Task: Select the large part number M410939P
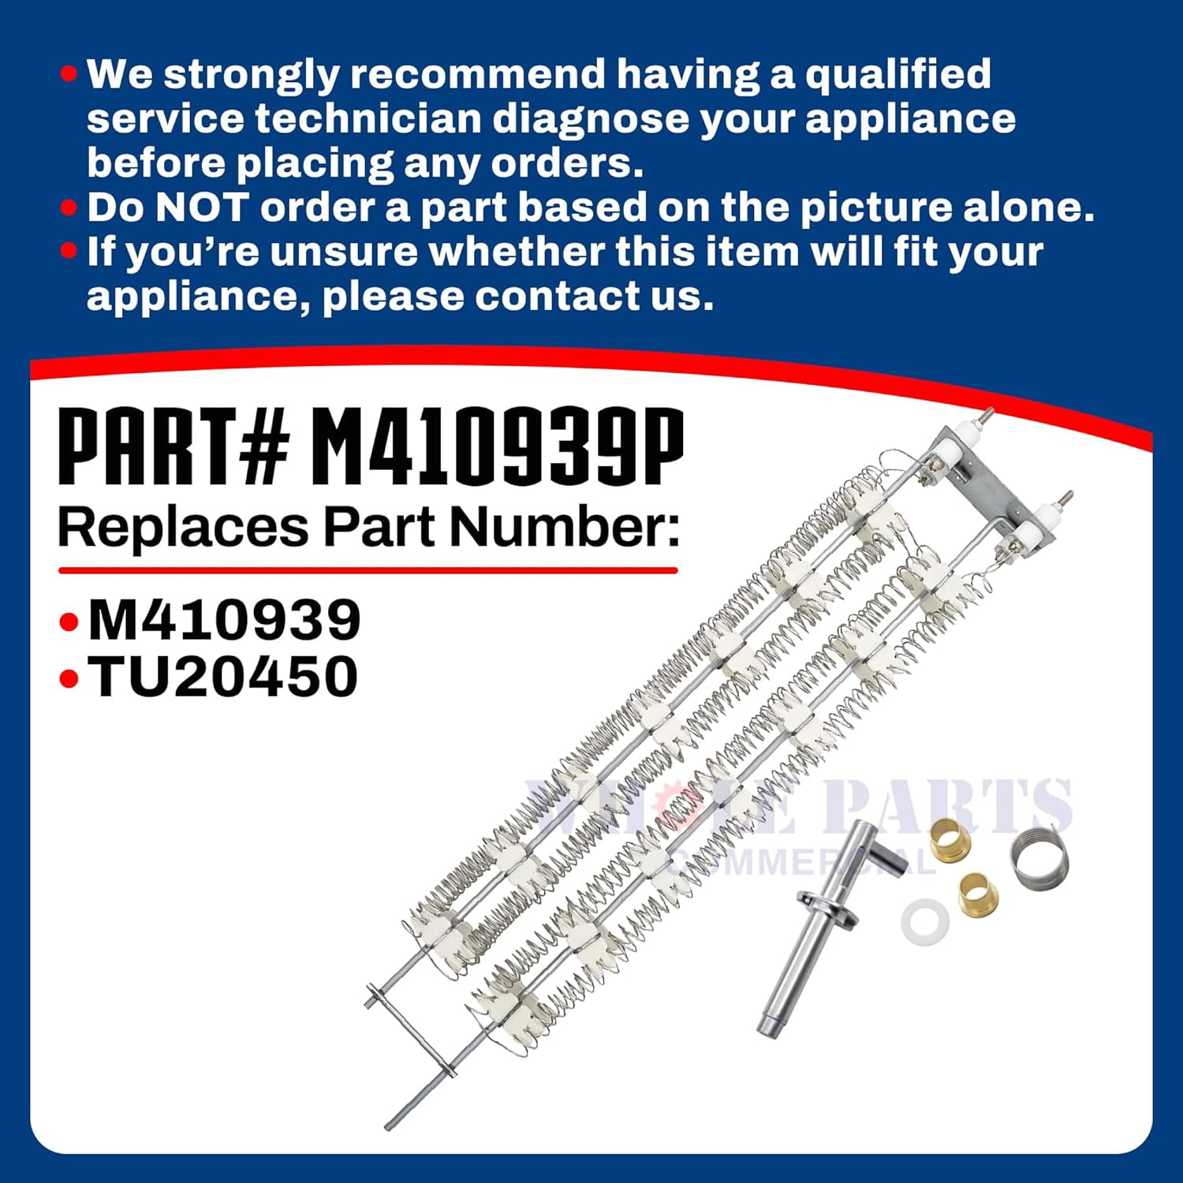[498, 446]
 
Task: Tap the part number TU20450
[223, 677]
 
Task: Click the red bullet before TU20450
[69, 678]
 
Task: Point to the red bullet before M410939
[69, 622]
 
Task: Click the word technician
[368, 119]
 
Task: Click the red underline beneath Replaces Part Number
[368, 569]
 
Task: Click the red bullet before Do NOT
[69, 207]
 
